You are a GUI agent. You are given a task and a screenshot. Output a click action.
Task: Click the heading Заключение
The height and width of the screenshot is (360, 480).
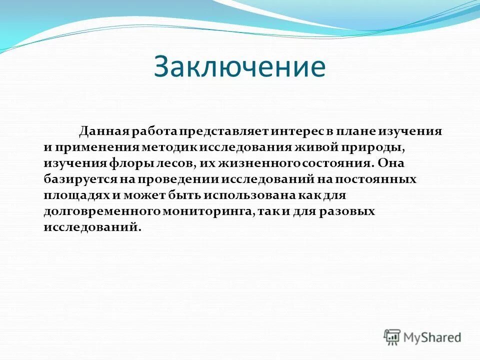239,67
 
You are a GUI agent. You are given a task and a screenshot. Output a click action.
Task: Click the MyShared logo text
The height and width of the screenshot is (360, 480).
432,337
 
